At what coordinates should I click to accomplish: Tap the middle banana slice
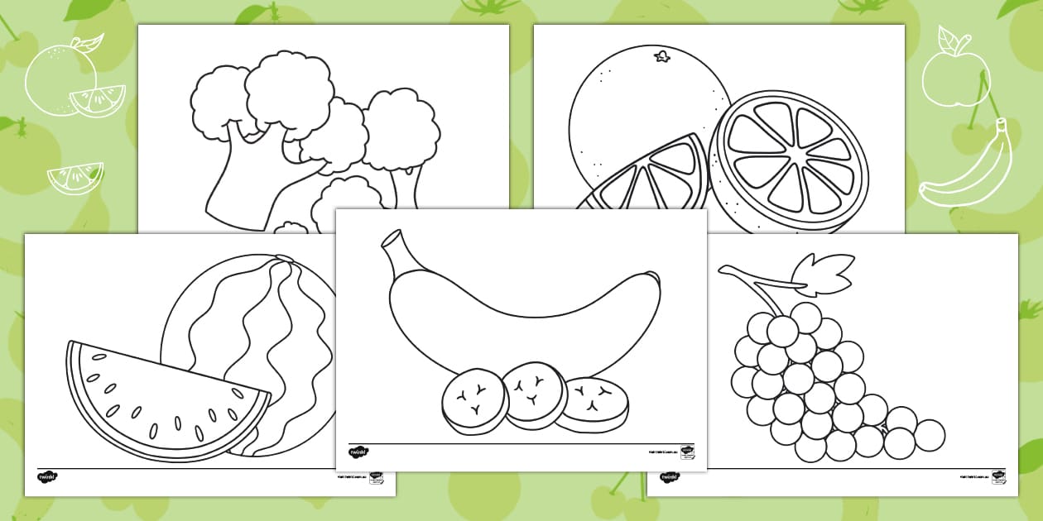pyautogui.click(x=535, y=393)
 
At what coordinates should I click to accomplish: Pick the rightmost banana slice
pyautogui.click(x=591, y=404)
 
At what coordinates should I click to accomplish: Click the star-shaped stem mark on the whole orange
pyautogui.click(x=661, y=57)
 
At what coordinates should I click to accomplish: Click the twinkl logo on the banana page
pyautogui.click(x=358, y=452)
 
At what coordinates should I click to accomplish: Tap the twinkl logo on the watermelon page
pyautogui.click(x=47, y=477)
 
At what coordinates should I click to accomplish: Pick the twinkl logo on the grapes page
pyautogui.click(x=670, y=477)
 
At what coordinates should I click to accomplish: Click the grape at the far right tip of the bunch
pyautogui.click(x=930, y=435)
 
